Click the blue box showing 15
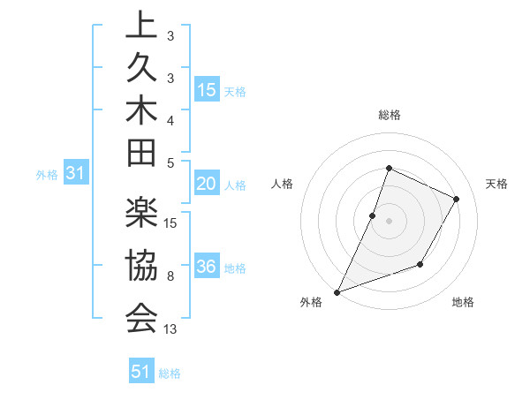(207, 90)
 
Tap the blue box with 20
(207, 184)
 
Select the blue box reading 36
(207, 268)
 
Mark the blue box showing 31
(76, 174)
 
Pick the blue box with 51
(141, 372)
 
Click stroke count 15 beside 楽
(171, 223)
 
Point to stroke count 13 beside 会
(171, 329)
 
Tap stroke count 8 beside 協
(171, 277)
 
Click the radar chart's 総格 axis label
(389, 116)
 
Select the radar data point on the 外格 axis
(337, 291)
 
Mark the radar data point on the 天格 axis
(456, 200)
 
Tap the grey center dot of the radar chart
(389, 221)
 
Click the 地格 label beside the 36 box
(236, 268)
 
